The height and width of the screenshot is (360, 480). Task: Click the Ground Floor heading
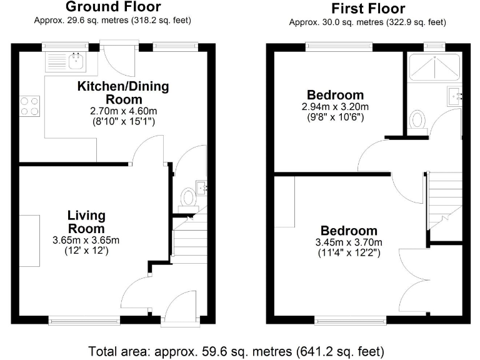click(x=112, y=7)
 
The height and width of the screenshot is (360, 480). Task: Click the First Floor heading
click(x=367, y=9)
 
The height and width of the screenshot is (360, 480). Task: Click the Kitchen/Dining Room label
click(x=114, y=92)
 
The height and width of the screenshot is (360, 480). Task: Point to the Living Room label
click(x=87, y=222)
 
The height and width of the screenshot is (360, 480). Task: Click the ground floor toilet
click(x=187, y=197)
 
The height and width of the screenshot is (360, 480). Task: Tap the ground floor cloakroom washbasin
click(x=201, y=186)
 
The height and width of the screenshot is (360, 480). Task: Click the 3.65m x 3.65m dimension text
click(x=87, y=240)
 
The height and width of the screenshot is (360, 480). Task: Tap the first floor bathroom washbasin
click(x=454, y=96)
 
